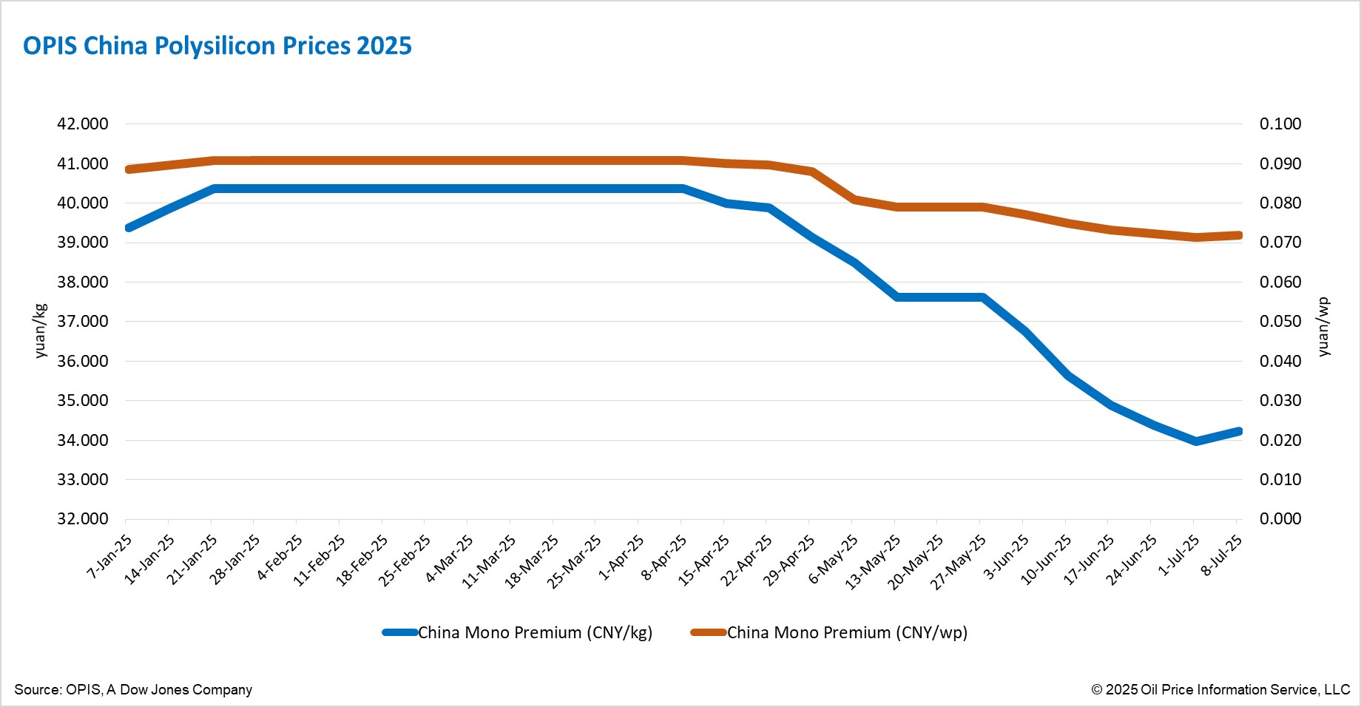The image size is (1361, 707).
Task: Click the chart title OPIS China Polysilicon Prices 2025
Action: coord(217,46)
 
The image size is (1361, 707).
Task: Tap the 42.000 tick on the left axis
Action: coord(82,124)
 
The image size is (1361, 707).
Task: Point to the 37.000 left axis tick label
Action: coord(82,322)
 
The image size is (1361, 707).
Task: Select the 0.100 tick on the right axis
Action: coord(1280,124)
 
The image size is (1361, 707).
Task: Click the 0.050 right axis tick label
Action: coord(1280,322)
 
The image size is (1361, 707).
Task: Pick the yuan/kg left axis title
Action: coord(40,331)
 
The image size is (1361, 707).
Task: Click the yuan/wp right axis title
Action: coord(1323,327)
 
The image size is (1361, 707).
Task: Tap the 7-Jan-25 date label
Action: coord(110,556)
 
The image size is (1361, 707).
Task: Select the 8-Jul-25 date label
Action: coord(1221,555)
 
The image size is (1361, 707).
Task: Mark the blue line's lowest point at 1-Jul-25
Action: coord(1196,441)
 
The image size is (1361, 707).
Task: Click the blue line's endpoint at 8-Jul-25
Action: coord(1238,431)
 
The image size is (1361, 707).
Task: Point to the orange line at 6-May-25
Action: coord(854,200)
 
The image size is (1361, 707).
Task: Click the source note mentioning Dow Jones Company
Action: coord(133,689)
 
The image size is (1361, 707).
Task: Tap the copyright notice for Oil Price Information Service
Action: coord(1220,689)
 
